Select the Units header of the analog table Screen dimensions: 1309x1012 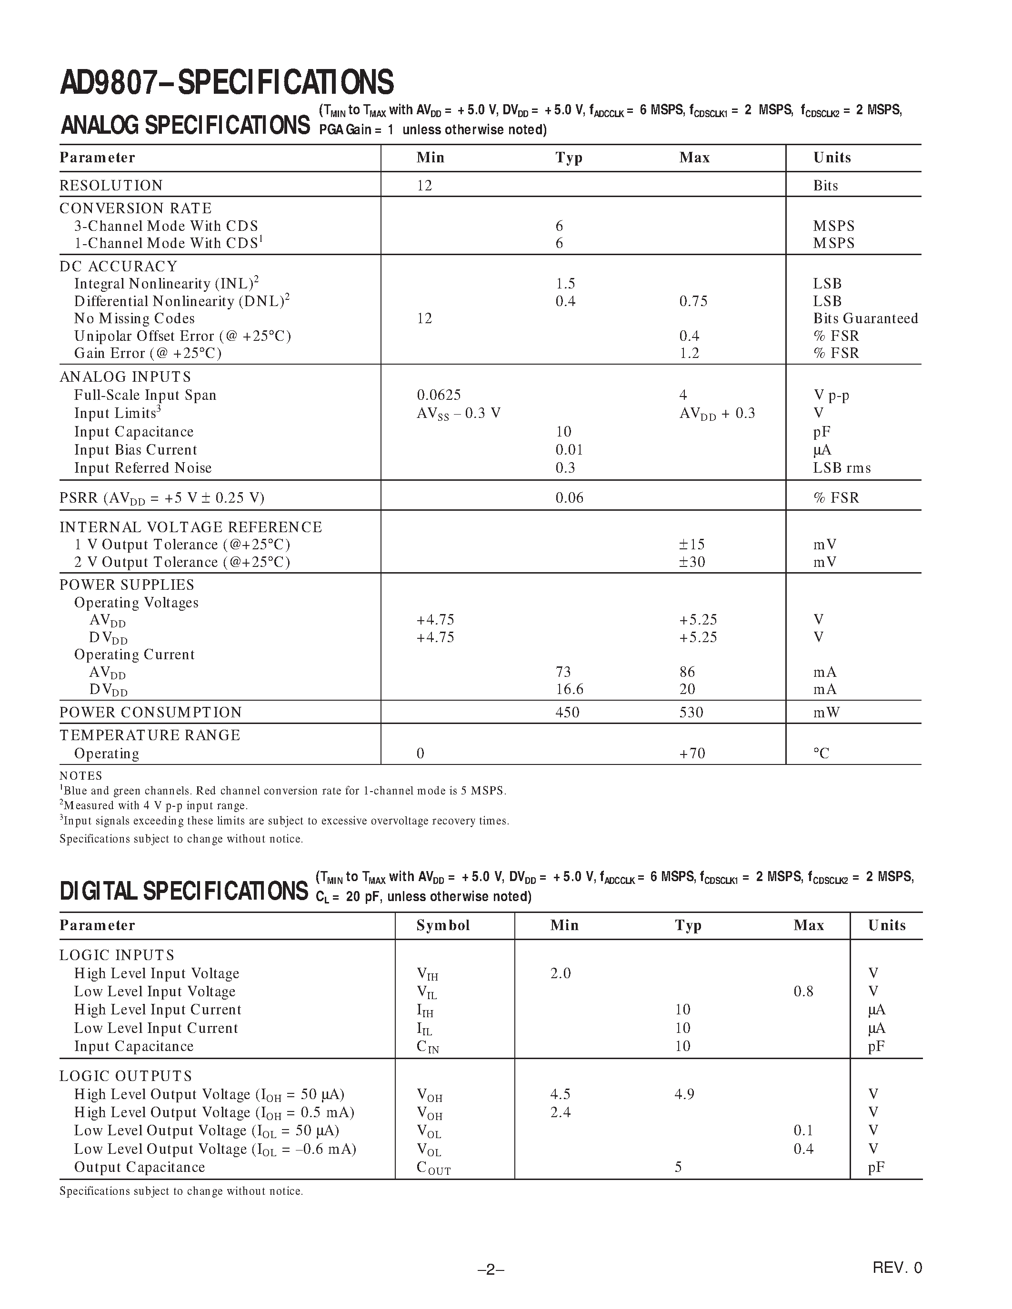pyautogui.click(x=832, y=158)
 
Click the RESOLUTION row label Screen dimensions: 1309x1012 pyautogui.click(x=111, y=186)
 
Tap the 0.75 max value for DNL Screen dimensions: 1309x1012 pyautogui.click(x=693, y=301)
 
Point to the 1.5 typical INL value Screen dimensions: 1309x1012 pyautogui.click(x=565, y=284)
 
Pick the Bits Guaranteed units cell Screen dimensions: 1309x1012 pyautogui.click(x=865, y=318)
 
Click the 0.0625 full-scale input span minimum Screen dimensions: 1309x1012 pyautogui.click(x=439, y=395)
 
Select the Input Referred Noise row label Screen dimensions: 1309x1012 pyautogui.click(x=143, y=468)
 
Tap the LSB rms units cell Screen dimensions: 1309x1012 pyautogui.click(x=842, y=468)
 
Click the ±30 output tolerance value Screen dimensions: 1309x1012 pyautogui.click(x=692, y=562)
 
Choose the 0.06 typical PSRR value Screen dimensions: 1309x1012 pyautogui.click(x=569, y=498)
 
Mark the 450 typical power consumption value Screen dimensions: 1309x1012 pyautogui.click(x=567, y=713)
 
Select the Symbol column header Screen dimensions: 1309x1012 pyautogui.click(x=443, y=925)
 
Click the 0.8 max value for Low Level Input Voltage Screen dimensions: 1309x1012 pyautogui.click(x=803, y=992)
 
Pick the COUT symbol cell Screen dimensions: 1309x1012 pyautogui.click(x=433, y=1168)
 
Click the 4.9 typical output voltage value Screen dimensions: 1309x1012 pyautogui.click(x=684, y=1094)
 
